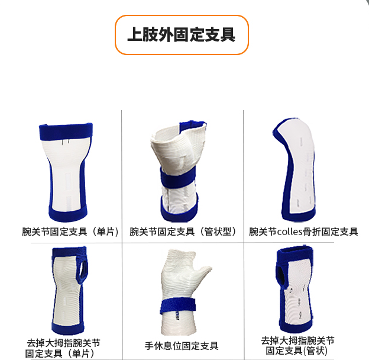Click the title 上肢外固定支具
click(x=181, y=35)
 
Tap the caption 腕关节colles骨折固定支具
click(x=303, y=232)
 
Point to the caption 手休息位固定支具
click(x=182, y=346)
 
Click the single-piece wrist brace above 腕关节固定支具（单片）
click(x=64, y=172)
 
